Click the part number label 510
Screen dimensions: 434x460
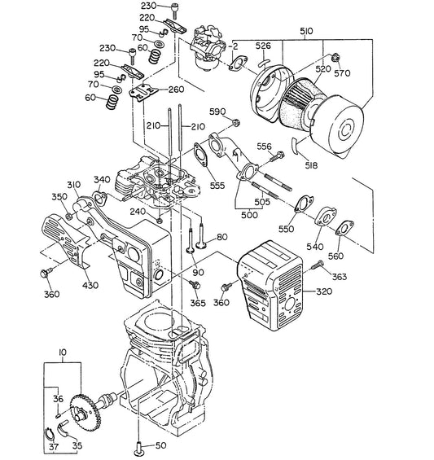[x=306, y=31]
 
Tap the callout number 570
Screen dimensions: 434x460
[x=342, y=73]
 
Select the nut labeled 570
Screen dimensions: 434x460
[x=335, y=57]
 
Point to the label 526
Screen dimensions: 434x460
[x=263, y=46]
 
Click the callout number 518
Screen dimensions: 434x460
[x=311, y=166]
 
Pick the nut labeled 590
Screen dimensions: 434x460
[x=235, y=122]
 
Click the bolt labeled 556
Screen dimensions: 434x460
[x=276, y=156]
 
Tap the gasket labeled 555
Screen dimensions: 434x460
[x=200, y=155]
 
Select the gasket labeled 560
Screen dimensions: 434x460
[x=344, y=228]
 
